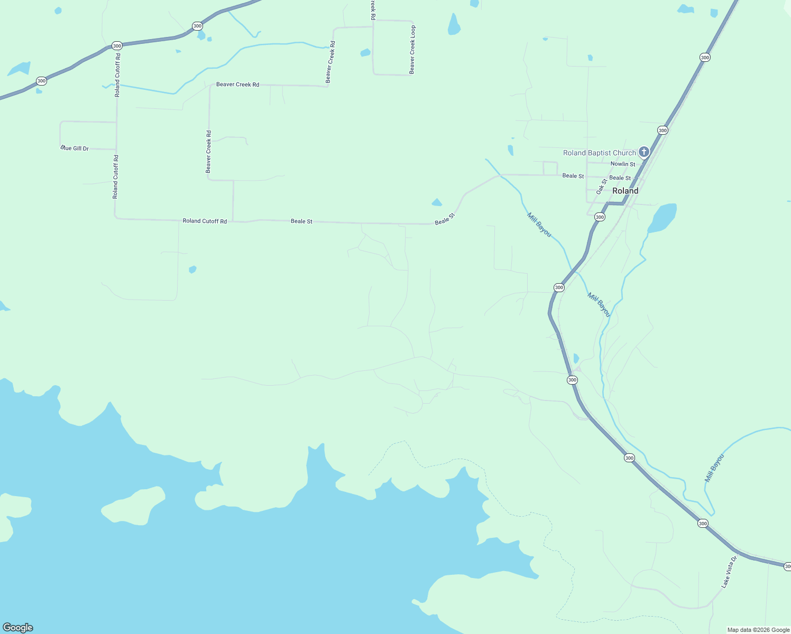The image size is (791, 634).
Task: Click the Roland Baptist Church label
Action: point(599,153)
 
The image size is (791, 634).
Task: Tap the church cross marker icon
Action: point(643,153)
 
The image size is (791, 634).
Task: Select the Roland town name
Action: point(625,191)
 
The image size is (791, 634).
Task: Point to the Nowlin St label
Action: point(623,164)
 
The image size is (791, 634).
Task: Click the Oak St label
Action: point(602,187)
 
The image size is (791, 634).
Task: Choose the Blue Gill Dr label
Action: point(75,148)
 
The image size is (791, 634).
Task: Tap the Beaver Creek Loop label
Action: point(412,50)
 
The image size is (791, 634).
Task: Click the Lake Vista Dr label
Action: point(729,572)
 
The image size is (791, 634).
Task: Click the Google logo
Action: point(18,628)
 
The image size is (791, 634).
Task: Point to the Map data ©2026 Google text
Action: point(758,630)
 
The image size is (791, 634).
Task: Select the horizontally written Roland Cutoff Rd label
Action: point(205,221)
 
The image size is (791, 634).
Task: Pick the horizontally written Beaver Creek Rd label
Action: point(237,85)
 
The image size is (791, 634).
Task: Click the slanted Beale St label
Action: point(445,219)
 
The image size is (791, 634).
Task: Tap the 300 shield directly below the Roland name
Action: point(600,217)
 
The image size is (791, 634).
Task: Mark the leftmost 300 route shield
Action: point(41,81)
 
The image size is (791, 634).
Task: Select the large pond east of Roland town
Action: point(662,218)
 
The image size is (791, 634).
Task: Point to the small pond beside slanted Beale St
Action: point(437,202)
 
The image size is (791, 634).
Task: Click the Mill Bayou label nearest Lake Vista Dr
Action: point(714,468)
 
